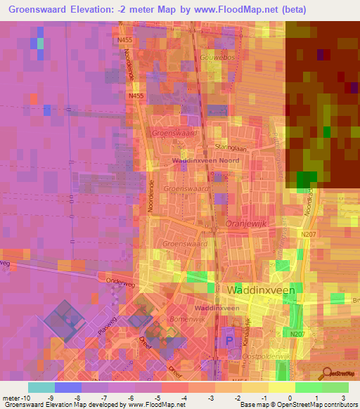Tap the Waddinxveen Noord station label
(206, 161)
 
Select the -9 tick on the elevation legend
(56, 398)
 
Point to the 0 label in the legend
(289, 398)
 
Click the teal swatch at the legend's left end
(41, 387)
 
